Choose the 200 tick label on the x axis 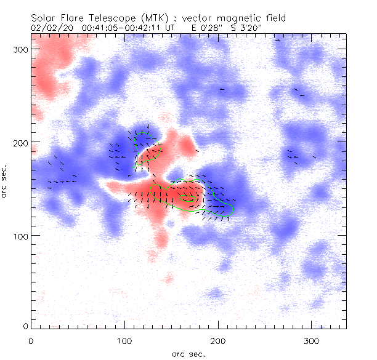[218, 341]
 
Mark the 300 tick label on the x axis [312, 341]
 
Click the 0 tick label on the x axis [31, 341]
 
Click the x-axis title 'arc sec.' [188, 354]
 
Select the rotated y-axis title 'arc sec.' [4, 181]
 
